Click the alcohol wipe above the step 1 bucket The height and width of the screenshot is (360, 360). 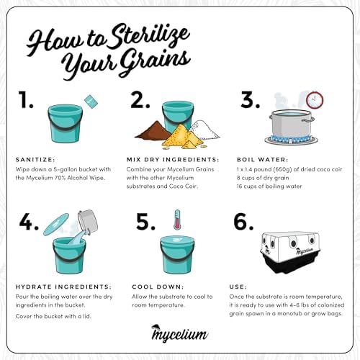point(91,102)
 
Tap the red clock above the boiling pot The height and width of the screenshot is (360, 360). point(315,100)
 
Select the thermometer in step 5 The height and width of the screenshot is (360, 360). point(177,220)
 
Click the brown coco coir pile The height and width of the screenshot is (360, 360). point(153,131)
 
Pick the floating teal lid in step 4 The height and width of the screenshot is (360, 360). point(56,225)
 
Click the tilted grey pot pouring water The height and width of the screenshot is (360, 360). point(88,221)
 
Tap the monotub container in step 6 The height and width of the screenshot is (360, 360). point(289,252)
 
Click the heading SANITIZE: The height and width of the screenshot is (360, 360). point(35,160)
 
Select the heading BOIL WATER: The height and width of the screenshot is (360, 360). point(263,160)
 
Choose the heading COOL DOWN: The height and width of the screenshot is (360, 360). point(158,287)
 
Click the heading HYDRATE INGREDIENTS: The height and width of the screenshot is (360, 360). point(63,287)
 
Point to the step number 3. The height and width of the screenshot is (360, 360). point(250,100)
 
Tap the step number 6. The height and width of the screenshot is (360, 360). point(243,222)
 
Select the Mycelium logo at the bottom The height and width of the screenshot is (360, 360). point(179,333)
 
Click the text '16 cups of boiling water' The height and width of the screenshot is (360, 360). point(269,186)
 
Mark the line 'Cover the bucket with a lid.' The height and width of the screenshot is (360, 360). point(53,316)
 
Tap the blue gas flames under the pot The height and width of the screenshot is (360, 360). point(291,139)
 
